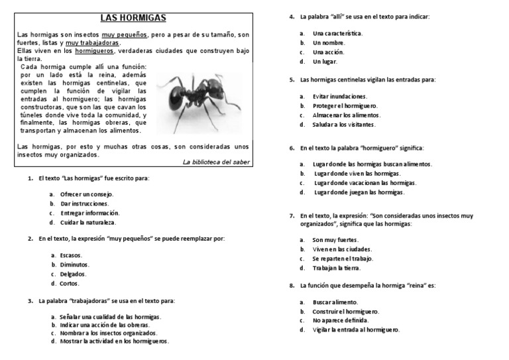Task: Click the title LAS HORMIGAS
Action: [x=133, y=17]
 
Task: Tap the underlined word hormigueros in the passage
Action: [x=95, y=51]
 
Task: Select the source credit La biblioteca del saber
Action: [x=216, y=162]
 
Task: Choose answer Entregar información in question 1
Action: [x=89, y=213]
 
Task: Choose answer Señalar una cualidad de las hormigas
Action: [x=110, y=317]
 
